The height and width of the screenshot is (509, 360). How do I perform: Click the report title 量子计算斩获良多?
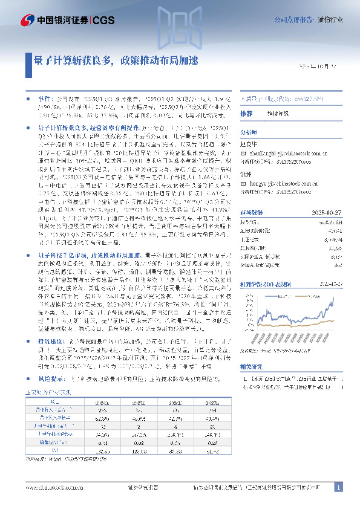click(73, 61)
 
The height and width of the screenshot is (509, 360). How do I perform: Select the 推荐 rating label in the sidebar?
click(246, 113)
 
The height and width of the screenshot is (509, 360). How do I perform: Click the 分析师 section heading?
click(249, 132)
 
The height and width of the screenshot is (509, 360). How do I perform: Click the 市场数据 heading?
click(251, 213)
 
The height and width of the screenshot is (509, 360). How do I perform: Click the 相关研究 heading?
click(251, 366)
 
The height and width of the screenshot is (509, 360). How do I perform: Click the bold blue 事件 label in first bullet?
click(45, 97)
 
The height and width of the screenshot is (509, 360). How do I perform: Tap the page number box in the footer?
click(339, 487)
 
